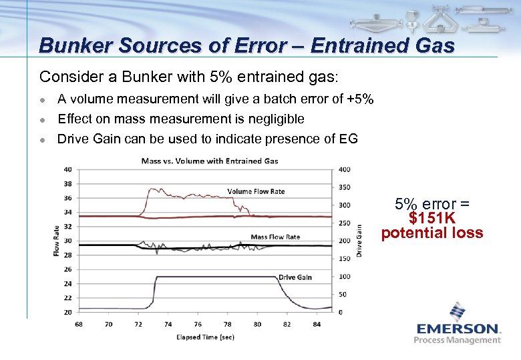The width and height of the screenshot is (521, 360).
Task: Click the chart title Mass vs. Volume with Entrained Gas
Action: point(210,161)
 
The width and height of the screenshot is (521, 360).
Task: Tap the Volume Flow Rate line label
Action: point(256,191)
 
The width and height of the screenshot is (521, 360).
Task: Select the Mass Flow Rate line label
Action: point(275,237)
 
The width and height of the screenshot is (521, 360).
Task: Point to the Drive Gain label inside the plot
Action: point(295,277)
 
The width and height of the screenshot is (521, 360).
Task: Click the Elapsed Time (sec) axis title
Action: point(205,337)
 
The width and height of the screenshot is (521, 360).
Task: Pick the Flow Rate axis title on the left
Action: point(57,241)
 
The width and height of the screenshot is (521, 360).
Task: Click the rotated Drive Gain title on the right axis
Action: point(359,240)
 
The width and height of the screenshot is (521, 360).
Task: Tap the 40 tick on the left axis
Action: point(67,169)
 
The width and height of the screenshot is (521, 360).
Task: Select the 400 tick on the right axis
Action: point(344,169)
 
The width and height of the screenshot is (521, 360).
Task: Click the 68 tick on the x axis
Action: point(79,325)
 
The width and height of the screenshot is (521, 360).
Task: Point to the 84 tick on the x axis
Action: point(317,325)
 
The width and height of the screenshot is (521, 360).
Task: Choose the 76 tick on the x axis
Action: point(198,325)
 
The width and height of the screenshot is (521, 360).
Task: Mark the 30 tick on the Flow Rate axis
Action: point(67,241)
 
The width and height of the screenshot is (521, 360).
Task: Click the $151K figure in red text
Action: point(432,219)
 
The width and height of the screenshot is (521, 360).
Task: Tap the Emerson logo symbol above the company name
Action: point(458,312)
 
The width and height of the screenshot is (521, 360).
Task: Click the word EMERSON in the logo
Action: point(458,328)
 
